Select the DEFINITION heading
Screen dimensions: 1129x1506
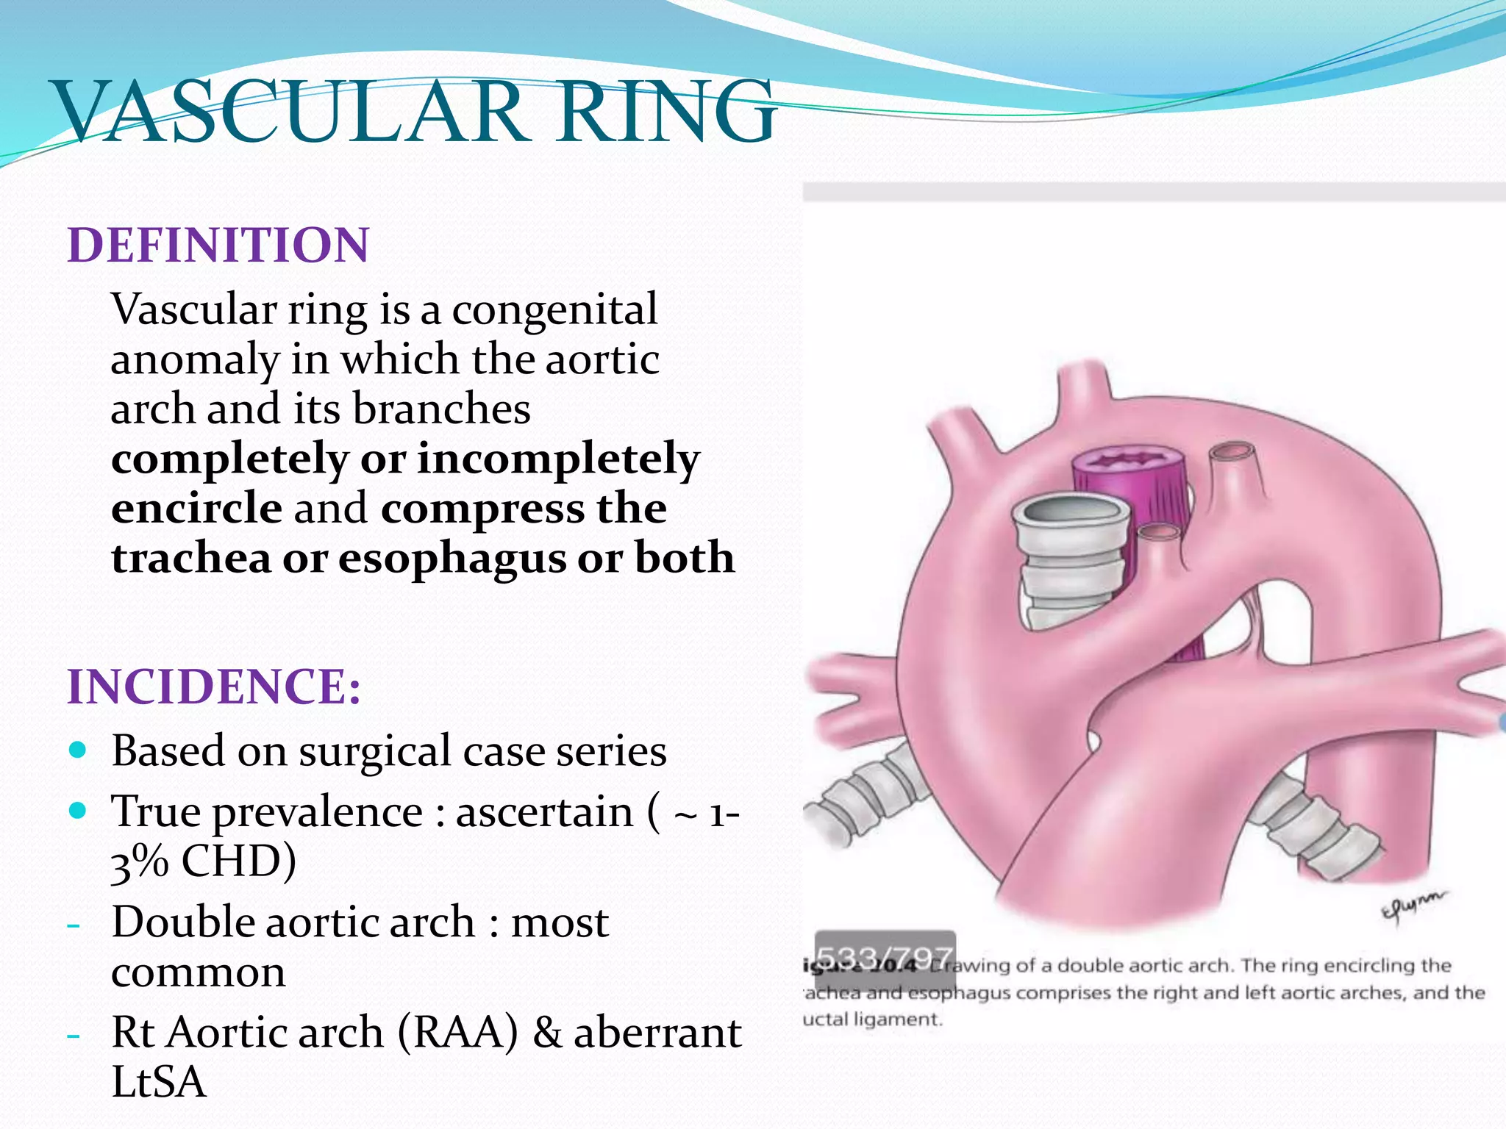point(218,245)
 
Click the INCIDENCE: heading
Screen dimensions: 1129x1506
point(214,687)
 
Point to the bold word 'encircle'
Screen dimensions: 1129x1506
point(196,508)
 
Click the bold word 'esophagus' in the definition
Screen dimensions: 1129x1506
point(452,559)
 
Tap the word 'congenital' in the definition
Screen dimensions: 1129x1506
point(554,309)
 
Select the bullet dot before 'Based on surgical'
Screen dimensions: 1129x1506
point(77,750)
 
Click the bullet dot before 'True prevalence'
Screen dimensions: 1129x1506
point(77,811)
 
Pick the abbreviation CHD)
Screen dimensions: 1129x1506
point(238,861)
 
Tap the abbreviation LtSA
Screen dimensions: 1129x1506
point(158,1081)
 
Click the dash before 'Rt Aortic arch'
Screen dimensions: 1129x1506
point(73,1035)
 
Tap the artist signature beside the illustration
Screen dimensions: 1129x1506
point(1412,907)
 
